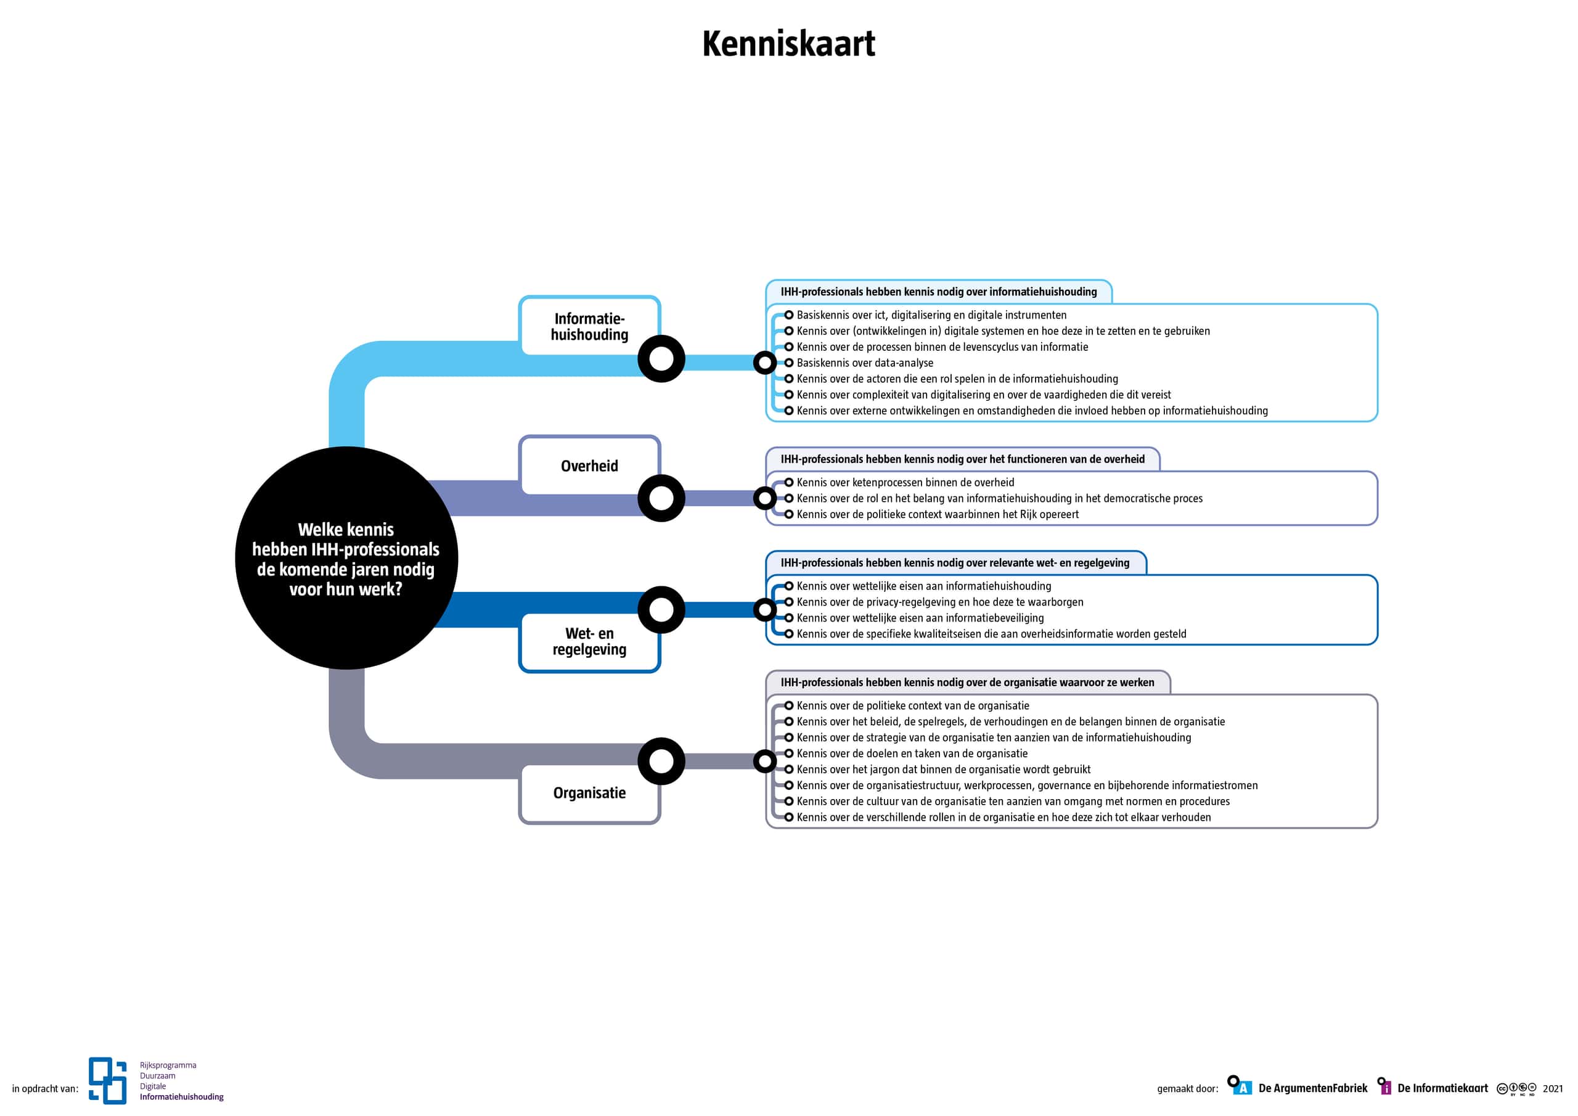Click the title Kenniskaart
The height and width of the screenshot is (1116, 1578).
click(x=788, y=44)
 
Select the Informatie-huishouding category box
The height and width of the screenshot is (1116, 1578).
click(x=589, y=326)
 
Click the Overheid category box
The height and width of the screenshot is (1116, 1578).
click(x=589, y=466)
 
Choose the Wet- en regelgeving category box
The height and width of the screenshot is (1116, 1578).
click(x=589, y=641)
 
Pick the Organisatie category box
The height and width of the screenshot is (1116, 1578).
click(x=589, y=793)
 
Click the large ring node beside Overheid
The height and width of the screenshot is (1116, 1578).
click(x=661, y=498)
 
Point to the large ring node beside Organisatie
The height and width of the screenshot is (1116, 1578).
click(x=661, y=761)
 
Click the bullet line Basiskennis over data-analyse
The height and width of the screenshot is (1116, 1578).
click(x=865, y=363)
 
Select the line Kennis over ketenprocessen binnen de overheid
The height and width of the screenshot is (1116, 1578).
click(x=905, y=483)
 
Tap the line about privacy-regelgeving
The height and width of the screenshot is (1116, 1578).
click(x=939, y=602)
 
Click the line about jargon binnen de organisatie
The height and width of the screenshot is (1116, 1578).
click(x=943, y=769)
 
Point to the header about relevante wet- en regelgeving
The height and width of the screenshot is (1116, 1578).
click(x=955, y=563)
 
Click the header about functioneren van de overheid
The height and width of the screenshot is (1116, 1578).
click(x=962, y=459)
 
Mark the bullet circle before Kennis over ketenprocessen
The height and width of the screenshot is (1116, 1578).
click(x=789, y=483)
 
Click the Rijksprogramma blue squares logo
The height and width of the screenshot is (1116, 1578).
click(x=108, y=1080)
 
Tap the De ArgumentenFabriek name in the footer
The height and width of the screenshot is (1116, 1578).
click(x=1312, y=1088)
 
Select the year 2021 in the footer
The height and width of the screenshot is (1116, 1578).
click(x=1553, y=1088)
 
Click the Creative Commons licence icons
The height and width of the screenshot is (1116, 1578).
click(x=1516, y=1088)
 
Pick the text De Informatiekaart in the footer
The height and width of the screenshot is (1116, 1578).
click(x=1442, y=1088)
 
